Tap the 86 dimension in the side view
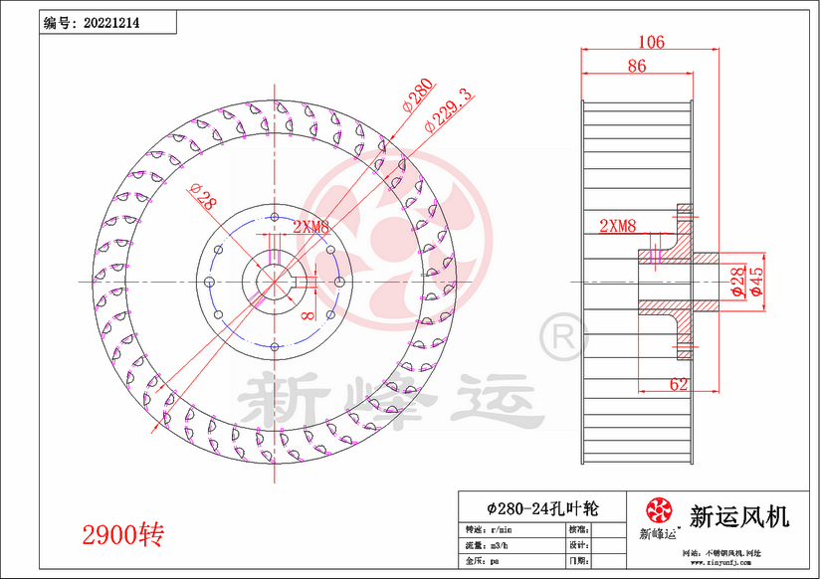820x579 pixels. coord(637,67)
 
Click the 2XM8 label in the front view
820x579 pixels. coord(310,228)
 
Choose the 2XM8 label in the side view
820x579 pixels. coord(617,227)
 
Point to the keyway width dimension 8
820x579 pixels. coord(308,315)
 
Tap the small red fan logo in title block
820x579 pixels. coord(658,510)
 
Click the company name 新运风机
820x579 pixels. coord(739,516)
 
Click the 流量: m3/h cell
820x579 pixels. coord(488,545)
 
